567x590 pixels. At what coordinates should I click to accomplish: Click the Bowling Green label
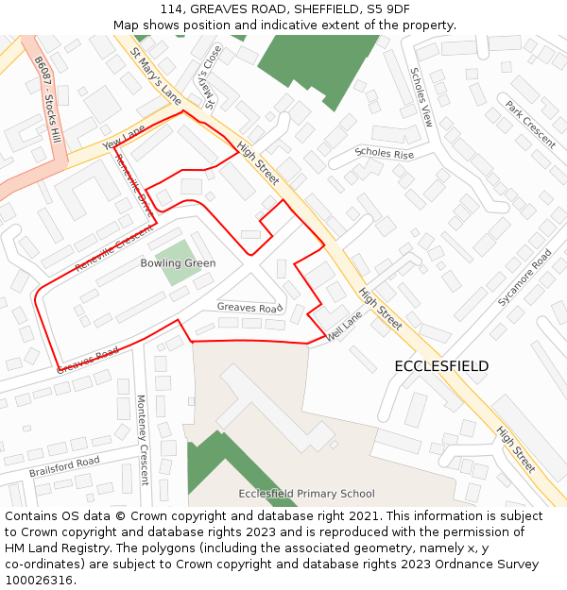click(x=178, y=263)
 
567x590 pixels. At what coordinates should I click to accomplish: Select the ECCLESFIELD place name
click(x=441, y=366)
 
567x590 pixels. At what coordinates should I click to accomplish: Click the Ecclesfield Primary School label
click(x=306, y=494)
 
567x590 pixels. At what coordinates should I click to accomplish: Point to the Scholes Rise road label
click(x=384, y=153)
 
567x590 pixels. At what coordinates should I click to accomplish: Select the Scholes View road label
click(x=421, y=97)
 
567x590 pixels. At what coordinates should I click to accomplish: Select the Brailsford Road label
click(x=64, y=466)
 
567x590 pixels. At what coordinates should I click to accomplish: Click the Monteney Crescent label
click(x=143, y=440)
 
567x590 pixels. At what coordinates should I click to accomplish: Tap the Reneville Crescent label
click(x=113, y=249)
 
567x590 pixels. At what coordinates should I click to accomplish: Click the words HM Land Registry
click(x=55, y=548)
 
